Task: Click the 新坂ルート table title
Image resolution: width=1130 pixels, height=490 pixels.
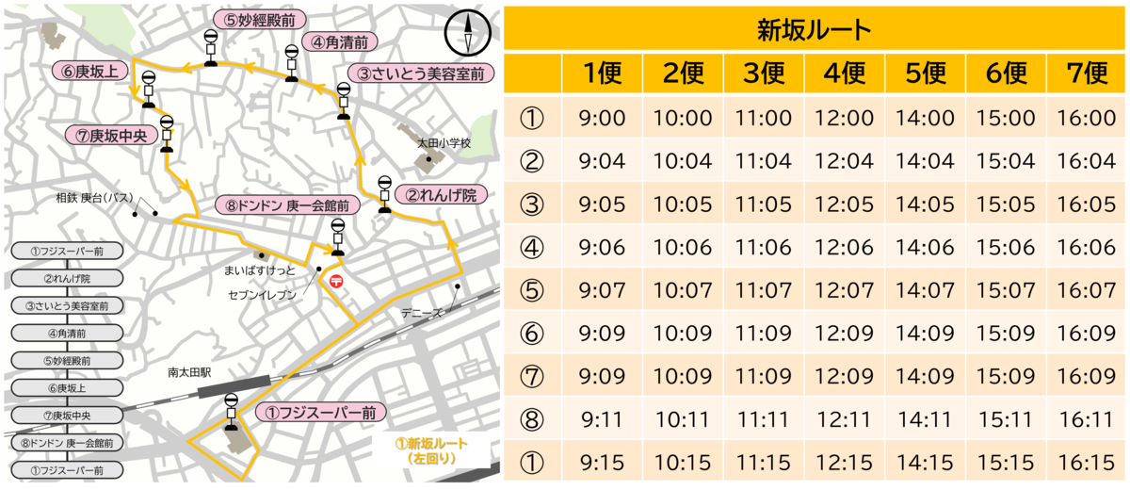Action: [x=815, y=29]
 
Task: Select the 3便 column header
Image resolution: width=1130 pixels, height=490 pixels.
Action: [x=763, y=73]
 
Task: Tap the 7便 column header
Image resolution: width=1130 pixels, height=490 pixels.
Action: [x=1087, y=73]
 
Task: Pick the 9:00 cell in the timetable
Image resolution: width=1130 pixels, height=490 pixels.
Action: [x=602, y=118]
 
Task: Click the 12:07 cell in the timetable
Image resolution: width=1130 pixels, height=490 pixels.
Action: [x=844, y=289]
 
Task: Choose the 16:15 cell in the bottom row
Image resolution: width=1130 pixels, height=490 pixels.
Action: [x=1087, y=463]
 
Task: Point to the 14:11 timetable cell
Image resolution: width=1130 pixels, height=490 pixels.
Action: [x=925, y=419]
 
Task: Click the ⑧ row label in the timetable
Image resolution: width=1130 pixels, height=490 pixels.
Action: [x=532, y=419]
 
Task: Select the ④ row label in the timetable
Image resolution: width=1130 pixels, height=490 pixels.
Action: [x=532, y=247]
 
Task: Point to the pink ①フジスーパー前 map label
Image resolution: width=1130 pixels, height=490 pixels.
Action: [x=321, y=412]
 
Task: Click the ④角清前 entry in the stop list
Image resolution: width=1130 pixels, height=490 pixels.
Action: [x=65, y=333]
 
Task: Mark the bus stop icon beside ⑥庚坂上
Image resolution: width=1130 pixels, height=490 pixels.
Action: [x=148, y=88]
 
